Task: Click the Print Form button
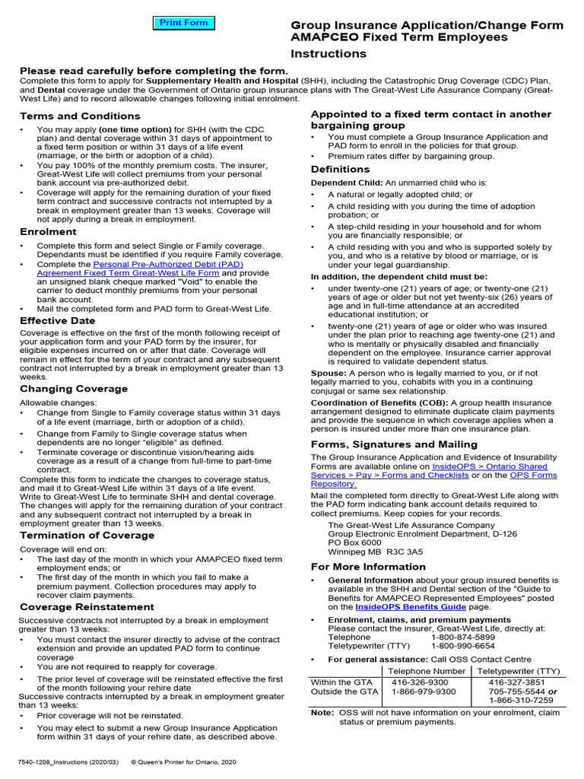pos(183,23)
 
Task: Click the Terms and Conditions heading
pos(80,116)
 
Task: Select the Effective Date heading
pos(57,321)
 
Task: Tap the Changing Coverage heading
pos(74,389)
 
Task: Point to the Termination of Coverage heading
pos(87,536)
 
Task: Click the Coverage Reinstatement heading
pos(87,607)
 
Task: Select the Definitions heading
pos(340,170)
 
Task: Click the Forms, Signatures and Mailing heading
pos(394,444)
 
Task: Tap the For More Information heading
pos(368,567)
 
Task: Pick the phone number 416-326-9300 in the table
pos(417,682)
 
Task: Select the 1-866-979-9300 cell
pos(424,692)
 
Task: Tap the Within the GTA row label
pos(341,682)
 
